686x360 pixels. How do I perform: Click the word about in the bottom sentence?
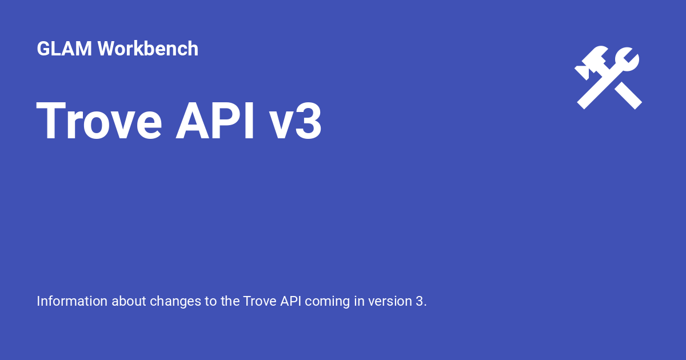pos(128,301)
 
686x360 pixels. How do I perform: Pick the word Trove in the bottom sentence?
pos(260,301)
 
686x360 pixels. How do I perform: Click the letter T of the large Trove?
pos(51,121)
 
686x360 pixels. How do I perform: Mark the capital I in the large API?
pos(248,121)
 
